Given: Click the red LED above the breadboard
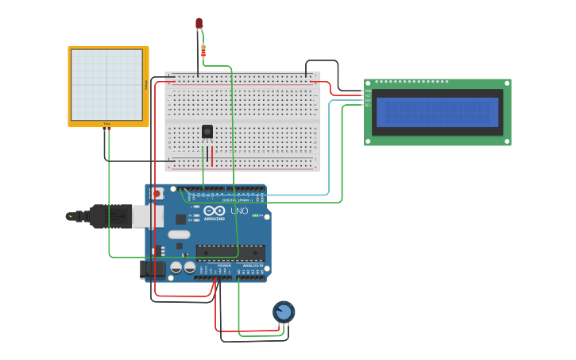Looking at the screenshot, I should [x=199, y=24].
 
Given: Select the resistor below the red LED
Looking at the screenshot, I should [x=203, y=52].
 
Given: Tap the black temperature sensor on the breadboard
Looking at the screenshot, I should [x=207, y=132].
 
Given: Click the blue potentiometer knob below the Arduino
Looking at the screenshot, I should [x=283, y=312].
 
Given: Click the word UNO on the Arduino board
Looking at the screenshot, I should [x=239, y=211].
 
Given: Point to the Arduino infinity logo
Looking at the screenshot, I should [x=214, y=211].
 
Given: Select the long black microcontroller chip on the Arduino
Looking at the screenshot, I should [x=230, y=252].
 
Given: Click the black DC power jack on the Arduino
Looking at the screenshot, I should [x=153, y=270].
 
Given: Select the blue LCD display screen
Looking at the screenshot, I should [x=437, y=112].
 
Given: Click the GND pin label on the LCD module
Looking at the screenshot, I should [x=368, y=91].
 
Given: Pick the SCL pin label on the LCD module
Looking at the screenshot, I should [x=368, y=105].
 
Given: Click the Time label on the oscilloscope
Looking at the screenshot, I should [x=106, y=124].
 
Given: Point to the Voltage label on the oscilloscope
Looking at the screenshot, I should [x=145, y=84].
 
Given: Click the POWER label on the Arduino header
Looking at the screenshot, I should [x=213, y=265].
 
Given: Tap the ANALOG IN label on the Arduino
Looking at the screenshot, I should [x=253, y=265].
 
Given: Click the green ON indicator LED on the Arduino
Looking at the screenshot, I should [x=257, y=215].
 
